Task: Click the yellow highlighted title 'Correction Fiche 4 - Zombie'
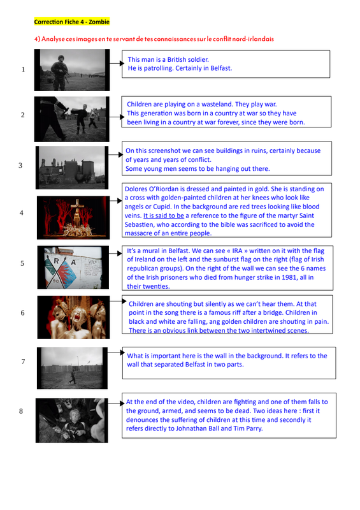pyautogui.click(x=72, y=22)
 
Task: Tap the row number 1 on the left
pyautogui.click(x=23, y=69)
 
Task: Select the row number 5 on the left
pyautogui.click(x=22, y=263)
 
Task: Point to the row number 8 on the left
pyautogui.click(x=21, y=411)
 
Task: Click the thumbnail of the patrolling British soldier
pyautogui.click(x=72, y=70)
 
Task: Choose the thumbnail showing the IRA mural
pyautogui.click(x=73, y=267)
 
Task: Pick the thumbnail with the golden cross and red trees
pyautogui.click(x=73, y=217)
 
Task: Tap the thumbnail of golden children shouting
pyautogui.click(x=73, y=317)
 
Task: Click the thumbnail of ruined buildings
pyautogui.click(x=72, y=168)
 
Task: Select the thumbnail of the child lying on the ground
pyautogui.click(x=72, y=421)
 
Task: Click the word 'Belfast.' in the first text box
pyautogui.click(x=221, y=68)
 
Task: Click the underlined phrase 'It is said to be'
pyautogui.click(x=164, y=215)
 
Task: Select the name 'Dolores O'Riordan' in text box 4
pyautogui.click(x=152, y=189)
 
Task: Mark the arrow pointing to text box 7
pyautogui.click(x=116, y=353)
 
